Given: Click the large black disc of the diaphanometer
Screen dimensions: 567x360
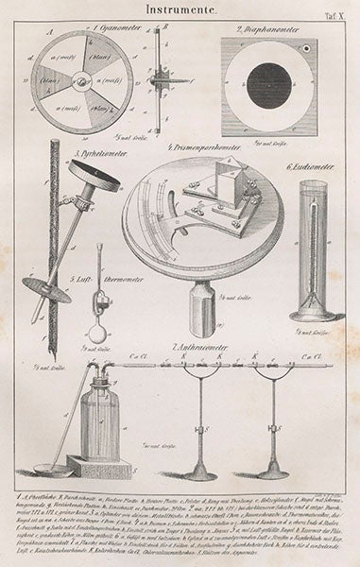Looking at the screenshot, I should [x=266, y=83].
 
